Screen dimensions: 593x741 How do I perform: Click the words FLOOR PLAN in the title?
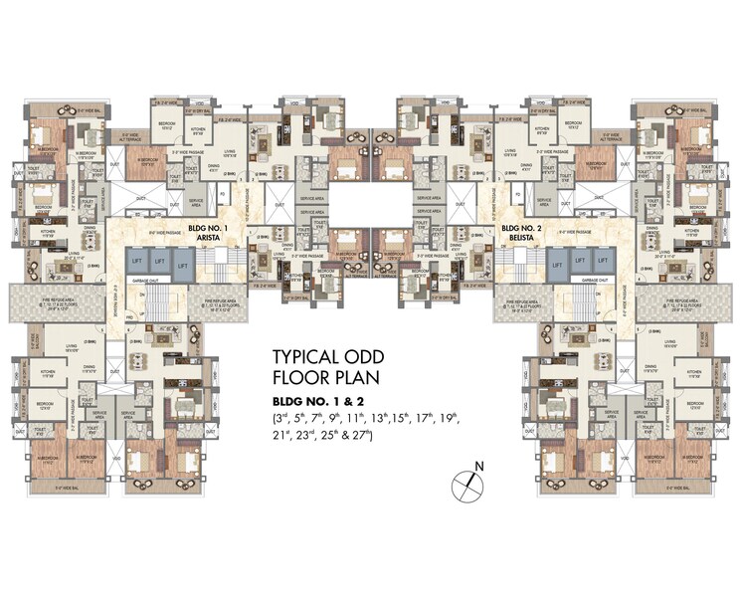[325, 377]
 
